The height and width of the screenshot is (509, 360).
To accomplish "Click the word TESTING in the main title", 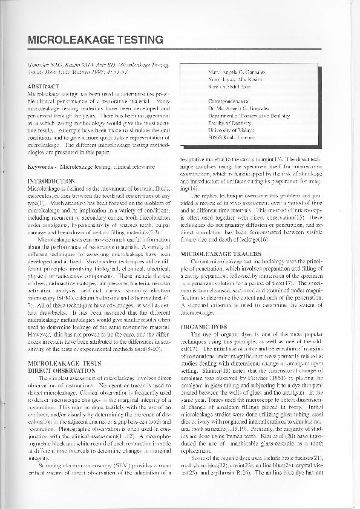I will [x=139, y=40].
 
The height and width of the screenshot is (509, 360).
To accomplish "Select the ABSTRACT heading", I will [x=43, y=86].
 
